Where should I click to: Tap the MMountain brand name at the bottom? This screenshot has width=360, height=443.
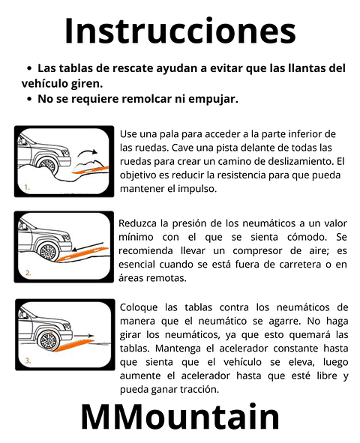(180, 417)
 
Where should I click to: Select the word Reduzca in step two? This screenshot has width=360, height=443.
(139, 223)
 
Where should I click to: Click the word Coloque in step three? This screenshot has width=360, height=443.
(140, 307)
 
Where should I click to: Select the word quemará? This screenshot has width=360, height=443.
(304, 334)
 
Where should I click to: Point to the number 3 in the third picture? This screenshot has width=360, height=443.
(27, 360)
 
